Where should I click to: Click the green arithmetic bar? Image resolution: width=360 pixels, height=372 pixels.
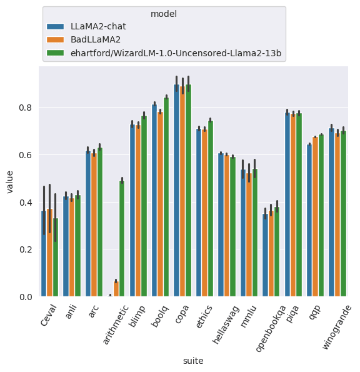(x=122, y=238)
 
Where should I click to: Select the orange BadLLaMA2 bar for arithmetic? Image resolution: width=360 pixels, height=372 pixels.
(x=116, y=289)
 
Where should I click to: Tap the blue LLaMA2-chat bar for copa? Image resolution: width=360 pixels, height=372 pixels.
(x=176, y=190)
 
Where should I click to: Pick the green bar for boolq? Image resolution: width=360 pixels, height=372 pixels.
(x=166, y=197)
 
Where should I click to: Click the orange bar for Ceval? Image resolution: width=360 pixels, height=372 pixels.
(x=49, y=253)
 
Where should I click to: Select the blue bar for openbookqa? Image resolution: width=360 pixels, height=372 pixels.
(x=266, y=255)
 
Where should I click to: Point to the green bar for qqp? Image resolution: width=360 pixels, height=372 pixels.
(x=321, y=216)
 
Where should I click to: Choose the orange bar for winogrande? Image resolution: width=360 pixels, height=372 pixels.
(x=337, y=214)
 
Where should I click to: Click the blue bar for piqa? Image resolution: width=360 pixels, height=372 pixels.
(x=287, y=204)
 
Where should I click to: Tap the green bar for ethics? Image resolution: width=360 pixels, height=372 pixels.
(x=211, y=209)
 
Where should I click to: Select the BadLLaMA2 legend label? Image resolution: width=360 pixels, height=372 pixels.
(x=96, y=39)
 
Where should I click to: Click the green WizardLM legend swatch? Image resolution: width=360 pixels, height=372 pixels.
(x=55, y=53)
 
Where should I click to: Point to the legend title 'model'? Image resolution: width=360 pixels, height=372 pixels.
(x=164, y=14)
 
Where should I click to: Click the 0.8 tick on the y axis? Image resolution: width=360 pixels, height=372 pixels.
(x=26, y=108)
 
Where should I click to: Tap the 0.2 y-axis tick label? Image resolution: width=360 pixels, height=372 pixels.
(x=26, y=249)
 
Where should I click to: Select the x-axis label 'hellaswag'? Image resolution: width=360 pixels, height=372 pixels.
(x=226, y=324)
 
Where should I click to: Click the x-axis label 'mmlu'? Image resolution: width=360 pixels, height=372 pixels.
(x=249, y=316)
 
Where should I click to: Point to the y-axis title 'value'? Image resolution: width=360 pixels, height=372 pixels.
(x=9, y=182)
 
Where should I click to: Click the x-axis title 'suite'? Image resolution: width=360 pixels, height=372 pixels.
(x=193, y=361)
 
